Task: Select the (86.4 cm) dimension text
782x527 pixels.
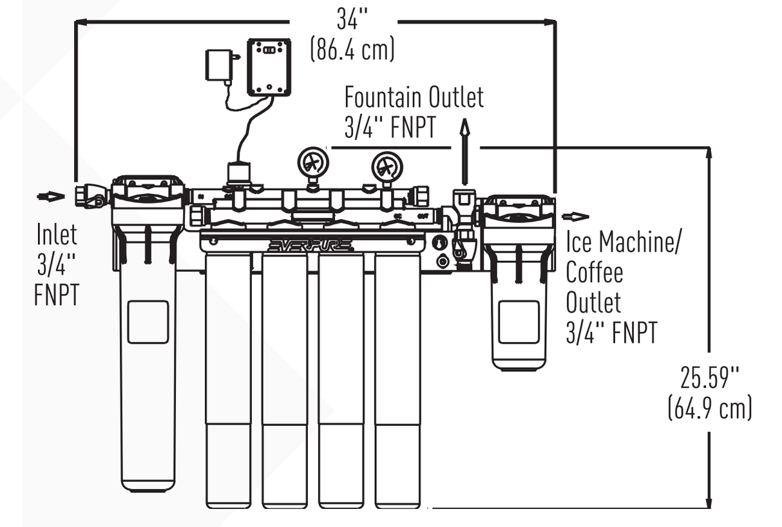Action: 352,50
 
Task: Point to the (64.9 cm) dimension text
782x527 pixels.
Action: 709,408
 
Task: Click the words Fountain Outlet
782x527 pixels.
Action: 413,98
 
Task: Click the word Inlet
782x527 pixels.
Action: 56,235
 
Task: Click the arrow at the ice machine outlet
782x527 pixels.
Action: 575,217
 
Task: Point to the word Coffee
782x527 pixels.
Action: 594,272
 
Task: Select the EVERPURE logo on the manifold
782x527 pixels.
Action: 310,245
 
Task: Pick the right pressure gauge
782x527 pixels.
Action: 386,167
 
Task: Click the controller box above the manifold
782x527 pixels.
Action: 269,66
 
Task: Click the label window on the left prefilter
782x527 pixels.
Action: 148,321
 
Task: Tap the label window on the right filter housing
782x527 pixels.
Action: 519,321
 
